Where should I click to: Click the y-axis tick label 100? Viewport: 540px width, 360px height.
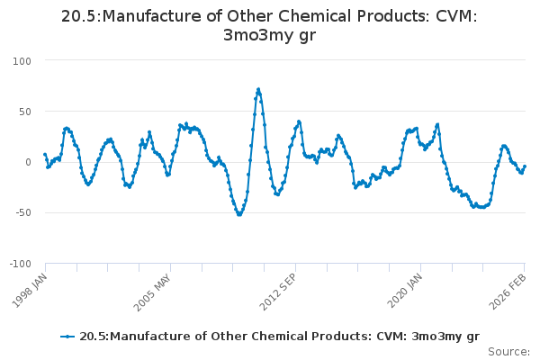pos(21,60)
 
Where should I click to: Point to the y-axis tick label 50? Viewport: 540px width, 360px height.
pos(23,112)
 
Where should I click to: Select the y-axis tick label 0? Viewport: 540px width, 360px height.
pos(27,162)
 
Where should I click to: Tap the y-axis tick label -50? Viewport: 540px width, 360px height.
pos(22,213)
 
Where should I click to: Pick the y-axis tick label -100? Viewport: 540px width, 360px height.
pos(19,264)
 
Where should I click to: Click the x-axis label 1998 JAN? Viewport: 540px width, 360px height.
pos(29,287)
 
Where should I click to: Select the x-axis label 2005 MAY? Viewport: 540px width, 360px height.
pos(154,288)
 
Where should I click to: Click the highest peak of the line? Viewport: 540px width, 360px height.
pos(258,89)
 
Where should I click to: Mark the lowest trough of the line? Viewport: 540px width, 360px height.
pos(238,214)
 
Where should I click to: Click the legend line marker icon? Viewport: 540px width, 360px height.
pos(67,337)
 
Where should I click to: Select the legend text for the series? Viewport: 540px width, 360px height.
pos(279,337)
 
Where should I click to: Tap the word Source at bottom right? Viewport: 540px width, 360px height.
pos(509,352)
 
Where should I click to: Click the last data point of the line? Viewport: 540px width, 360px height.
pos(525,166)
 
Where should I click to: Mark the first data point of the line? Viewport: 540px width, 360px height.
pos(45,154)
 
